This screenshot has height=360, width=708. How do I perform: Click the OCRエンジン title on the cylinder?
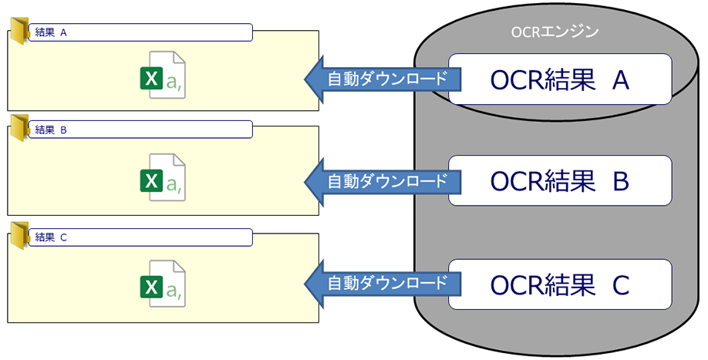click(555, 32)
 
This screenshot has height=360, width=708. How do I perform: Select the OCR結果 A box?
click(560, 79)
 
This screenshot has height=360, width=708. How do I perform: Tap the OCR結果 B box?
click(560, 181)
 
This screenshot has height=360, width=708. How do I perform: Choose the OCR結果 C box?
click(560, 284)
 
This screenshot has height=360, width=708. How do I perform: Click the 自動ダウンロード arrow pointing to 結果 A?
click(379, 79)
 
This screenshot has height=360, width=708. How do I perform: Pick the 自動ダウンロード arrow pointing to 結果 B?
click(379, 181)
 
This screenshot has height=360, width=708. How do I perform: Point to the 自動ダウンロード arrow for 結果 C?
click(379, 284)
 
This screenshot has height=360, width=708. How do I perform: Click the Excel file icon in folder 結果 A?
click(164, 76)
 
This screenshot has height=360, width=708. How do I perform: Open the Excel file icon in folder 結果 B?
click(164, 179)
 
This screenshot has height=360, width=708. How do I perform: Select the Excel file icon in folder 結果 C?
click(164, 287)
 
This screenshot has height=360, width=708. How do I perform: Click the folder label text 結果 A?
click(52, 32)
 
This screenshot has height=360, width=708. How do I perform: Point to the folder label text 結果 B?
click(52, 130)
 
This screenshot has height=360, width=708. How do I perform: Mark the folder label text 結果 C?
click(52, 237)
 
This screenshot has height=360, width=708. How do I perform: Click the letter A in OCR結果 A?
click(622, 79)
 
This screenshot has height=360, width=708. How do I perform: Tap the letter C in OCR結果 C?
click(622, 284)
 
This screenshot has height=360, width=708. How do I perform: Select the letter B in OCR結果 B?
click(622, 181)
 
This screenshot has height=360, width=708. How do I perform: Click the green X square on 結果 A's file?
click(151, 79)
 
